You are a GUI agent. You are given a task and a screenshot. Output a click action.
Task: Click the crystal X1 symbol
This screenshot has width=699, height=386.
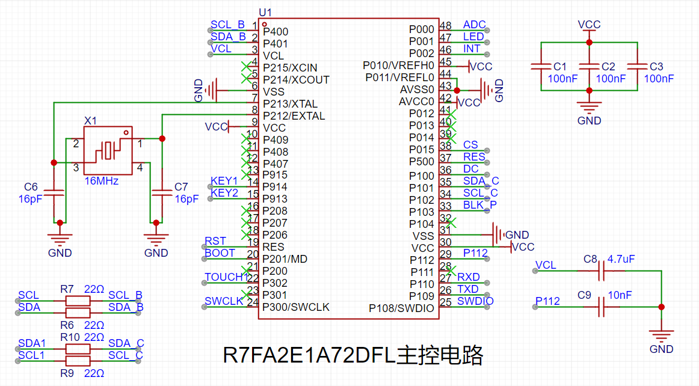click(108, 150)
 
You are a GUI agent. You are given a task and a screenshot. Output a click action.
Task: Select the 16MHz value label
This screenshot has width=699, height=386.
click(102, 181)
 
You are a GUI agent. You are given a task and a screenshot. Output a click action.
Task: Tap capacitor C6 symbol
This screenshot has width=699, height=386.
click(54, 192)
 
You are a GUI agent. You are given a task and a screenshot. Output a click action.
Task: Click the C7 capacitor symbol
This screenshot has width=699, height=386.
click(162, 192)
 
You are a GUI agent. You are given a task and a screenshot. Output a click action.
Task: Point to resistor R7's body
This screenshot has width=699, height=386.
click(78, 301)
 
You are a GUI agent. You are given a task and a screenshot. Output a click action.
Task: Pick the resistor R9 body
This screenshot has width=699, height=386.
click(78, 361)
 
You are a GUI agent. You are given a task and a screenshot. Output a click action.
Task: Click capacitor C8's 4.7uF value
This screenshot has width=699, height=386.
click(621, 259)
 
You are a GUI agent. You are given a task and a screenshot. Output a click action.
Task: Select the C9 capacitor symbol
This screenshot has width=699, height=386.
click(602, 307)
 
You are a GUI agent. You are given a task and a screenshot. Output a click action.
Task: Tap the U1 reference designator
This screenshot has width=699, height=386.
click(265, 13)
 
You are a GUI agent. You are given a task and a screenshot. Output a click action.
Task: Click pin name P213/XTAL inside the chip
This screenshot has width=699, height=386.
click(290, 104)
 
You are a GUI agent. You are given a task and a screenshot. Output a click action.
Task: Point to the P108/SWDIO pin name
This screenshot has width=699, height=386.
click(401, 308)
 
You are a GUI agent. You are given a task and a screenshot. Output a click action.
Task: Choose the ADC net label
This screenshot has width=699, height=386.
click(474, 25)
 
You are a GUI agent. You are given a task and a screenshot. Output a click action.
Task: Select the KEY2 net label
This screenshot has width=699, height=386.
click(224, 192)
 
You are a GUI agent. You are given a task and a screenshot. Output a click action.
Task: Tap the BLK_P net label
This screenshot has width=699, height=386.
click(479, 204)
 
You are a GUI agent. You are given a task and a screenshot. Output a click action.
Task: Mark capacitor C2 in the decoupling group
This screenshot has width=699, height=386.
click(590, 66)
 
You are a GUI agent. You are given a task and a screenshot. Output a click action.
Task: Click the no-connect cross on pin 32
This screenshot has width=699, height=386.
click(451, 222)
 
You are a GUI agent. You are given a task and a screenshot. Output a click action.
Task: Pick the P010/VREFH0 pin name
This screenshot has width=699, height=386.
click(399, 66)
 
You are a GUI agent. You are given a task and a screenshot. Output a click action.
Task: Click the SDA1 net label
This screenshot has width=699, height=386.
click(32, 343)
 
